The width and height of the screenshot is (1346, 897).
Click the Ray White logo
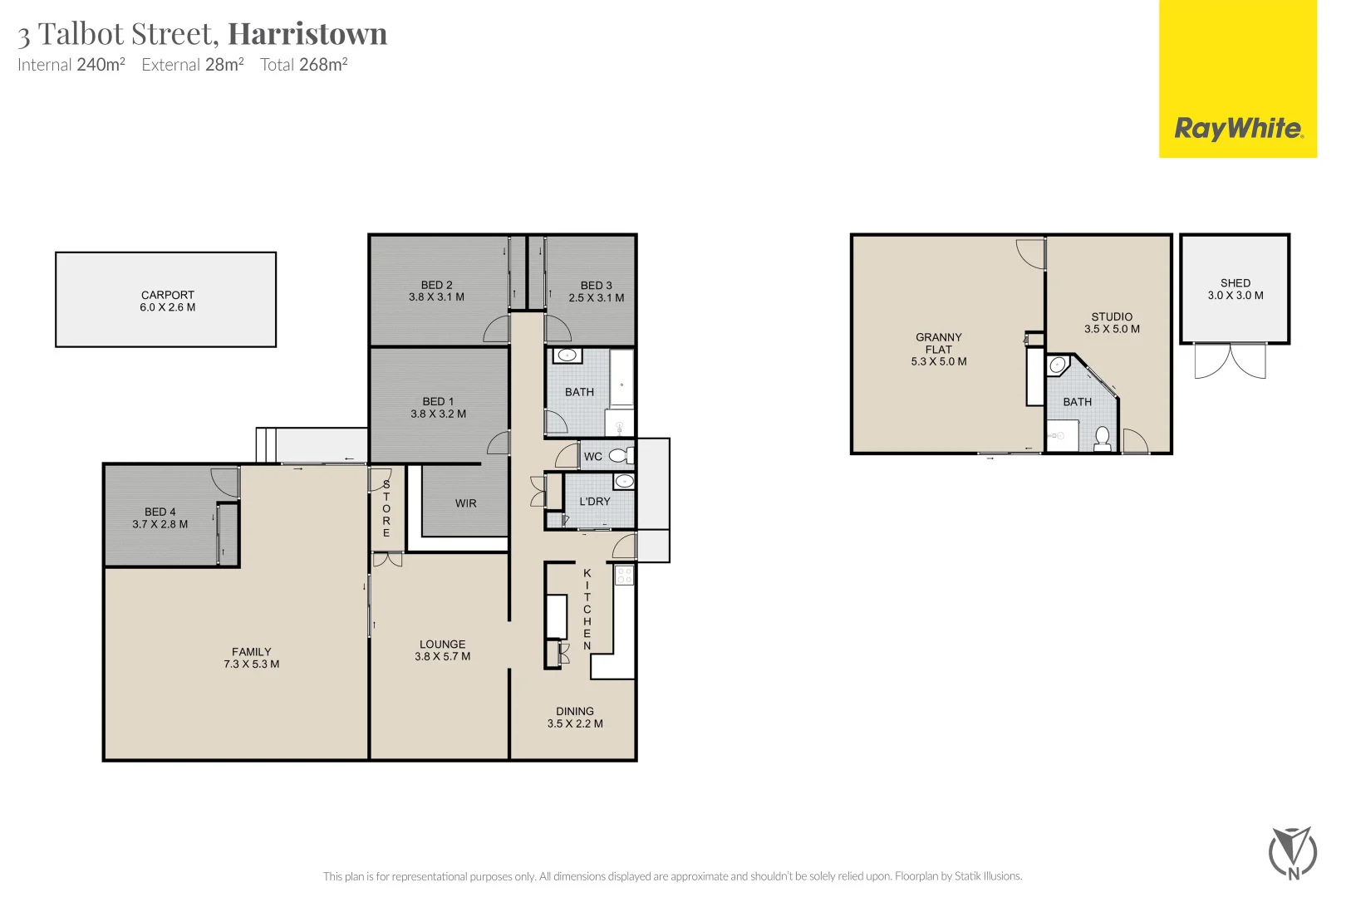click(x=1237, y=129)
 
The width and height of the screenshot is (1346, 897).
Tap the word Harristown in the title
click(x=307, y=34)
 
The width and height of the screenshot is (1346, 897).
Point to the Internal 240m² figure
click(x=71, y=65)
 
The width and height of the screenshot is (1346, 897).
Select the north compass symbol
click(x=1293, y=853)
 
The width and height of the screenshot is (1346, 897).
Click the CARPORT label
click(x=167, y=295)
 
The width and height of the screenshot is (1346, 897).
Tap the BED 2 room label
click(x=436, y=285)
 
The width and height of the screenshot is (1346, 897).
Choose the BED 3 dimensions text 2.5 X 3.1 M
click(x=596, y=297)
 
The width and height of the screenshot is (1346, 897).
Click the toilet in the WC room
click(x=619, y=455)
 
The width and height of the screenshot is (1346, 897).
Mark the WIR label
click(x=465, y=503)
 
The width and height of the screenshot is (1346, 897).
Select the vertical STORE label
click(x=386, y=508)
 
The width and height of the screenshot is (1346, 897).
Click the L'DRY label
click(x=594, y=502)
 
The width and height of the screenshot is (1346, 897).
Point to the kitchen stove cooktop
click(x=624, y=575)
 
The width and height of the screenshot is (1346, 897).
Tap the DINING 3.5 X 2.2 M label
click(x=575, y=718)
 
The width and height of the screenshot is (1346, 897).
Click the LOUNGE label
click(x=442, y=645)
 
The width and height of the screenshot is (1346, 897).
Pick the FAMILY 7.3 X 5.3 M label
click(x=251, y=658)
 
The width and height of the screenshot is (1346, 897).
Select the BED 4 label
click(x=160, y=512)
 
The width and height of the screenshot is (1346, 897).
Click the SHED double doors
click(x=1230, y=361)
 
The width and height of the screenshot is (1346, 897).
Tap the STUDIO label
click(x=1112, y=316)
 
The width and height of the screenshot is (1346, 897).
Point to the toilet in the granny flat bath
click(x=1103, y=438)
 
